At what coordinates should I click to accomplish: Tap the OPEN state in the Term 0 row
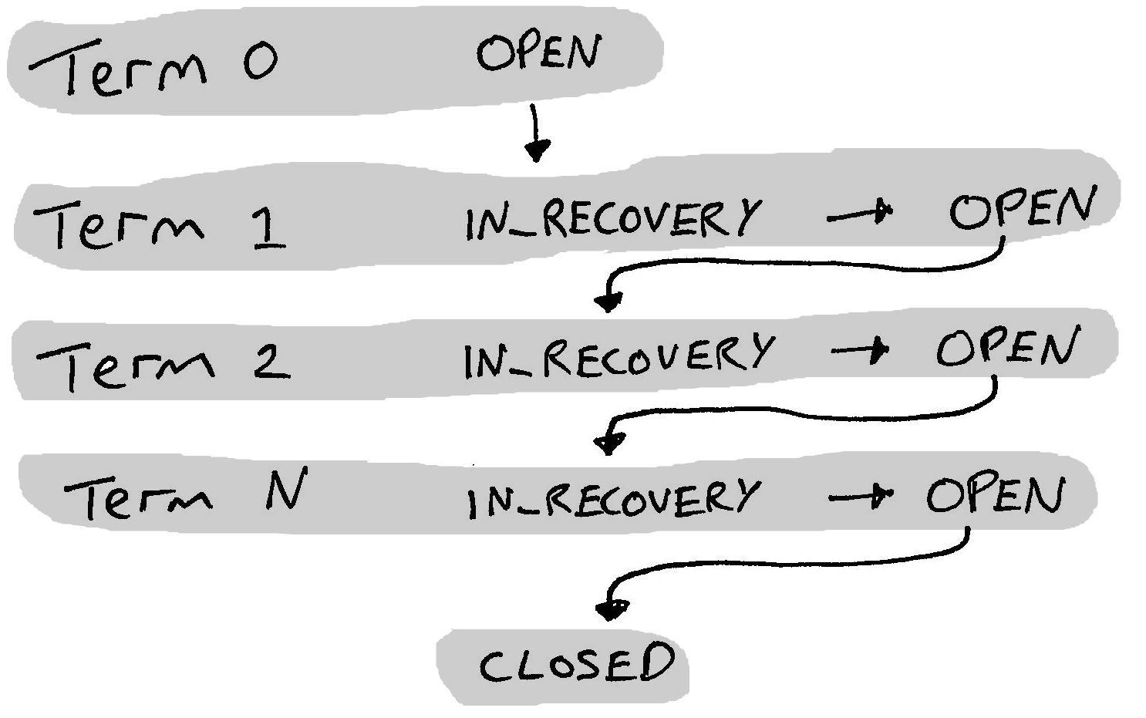point(538,54)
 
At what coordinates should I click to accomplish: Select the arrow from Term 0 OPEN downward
point(536,133)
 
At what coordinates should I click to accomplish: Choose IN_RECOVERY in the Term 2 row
point(617,356)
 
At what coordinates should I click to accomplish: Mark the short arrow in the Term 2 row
point(859,352)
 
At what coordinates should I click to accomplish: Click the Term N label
point(185,495)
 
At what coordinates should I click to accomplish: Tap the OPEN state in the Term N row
point(995,495)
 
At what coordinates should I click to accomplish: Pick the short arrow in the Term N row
point(859,497)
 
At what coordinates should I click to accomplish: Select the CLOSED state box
point(575,666)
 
